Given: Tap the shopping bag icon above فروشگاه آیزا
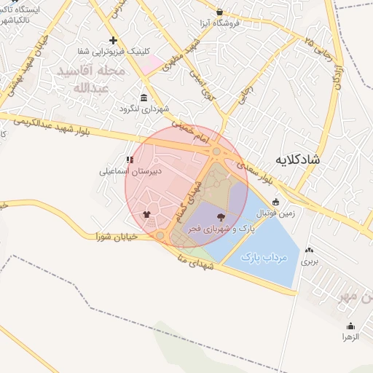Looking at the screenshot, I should [x=219, y=12].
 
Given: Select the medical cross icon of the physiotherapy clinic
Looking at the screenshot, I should [x=112, y=40].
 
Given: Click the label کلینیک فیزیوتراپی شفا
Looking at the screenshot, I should [x=112, y=52].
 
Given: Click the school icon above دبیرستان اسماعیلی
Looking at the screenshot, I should [x=130, y=160].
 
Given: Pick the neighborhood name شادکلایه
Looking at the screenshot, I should [x=299, y=158].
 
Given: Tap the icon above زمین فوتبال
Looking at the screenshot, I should [x=275, y=203].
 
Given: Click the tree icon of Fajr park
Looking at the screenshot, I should [x=221, y=216].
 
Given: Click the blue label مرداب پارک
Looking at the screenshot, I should [x=264, y=258].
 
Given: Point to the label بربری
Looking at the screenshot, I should [x=310, y=260].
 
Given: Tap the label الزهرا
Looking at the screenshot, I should [x=351, y=337].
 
